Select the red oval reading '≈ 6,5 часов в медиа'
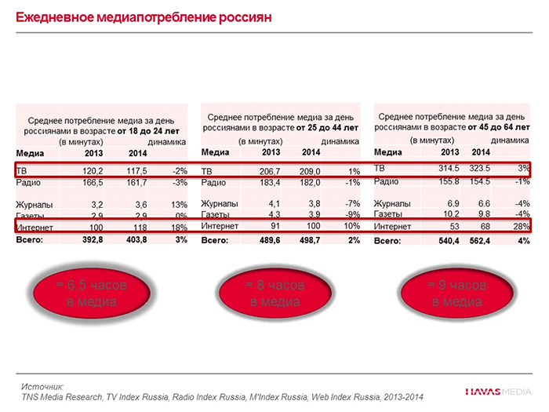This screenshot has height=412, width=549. click(92, 293)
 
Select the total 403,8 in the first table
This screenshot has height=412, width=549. click(136, 239)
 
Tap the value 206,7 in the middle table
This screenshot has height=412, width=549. click(269, 171)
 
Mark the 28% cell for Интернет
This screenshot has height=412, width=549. click(520, 228)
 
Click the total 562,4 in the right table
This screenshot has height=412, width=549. click(480, 241)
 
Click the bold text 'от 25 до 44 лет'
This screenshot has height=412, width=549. click(327, 126)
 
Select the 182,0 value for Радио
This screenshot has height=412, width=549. click(311, 183)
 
